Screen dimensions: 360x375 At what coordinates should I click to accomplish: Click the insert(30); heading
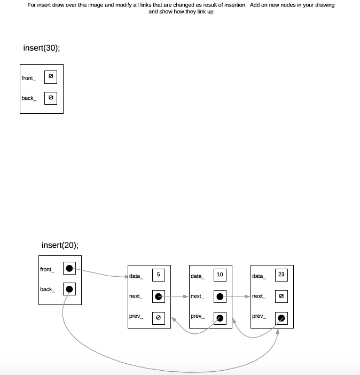(x=42, y=48)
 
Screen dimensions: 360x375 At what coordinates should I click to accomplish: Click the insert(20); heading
(x=60, y=246)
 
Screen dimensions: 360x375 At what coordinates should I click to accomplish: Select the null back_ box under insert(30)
(x=51, y=98)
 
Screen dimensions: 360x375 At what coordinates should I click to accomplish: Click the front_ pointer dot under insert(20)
(x=69, y=269)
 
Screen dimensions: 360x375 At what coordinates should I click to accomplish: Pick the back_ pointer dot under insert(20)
(x=69, y=290)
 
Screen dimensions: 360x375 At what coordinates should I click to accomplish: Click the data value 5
(x=159, y=275)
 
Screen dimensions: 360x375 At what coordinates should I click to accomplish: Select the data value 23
(x=281, y=275)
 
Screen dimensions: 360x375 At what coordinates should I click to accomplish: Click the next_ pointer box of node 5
(x=159, y=296)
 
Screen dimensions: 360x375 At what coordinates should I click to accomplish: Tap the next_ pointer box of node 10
(x=220, y=296)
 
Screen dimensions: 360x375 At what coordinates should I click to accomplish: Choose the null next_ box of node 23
(x=281, y=296)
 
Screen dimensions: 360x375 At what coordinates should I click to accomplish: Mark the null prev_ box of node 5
(x=159, y=317)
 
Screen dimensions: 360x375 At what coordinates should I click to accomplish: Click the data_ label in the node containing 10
(x=197, y=276)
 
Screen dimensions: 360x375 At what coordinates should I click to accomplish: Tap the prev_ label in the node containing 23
(x=258, y=316)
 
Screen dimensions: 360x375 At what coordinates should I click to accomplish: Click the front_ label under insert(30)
(x=28, y=79)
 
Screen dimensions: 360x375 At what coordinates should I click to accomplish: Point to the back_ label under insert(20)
(x=47, y=290)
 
